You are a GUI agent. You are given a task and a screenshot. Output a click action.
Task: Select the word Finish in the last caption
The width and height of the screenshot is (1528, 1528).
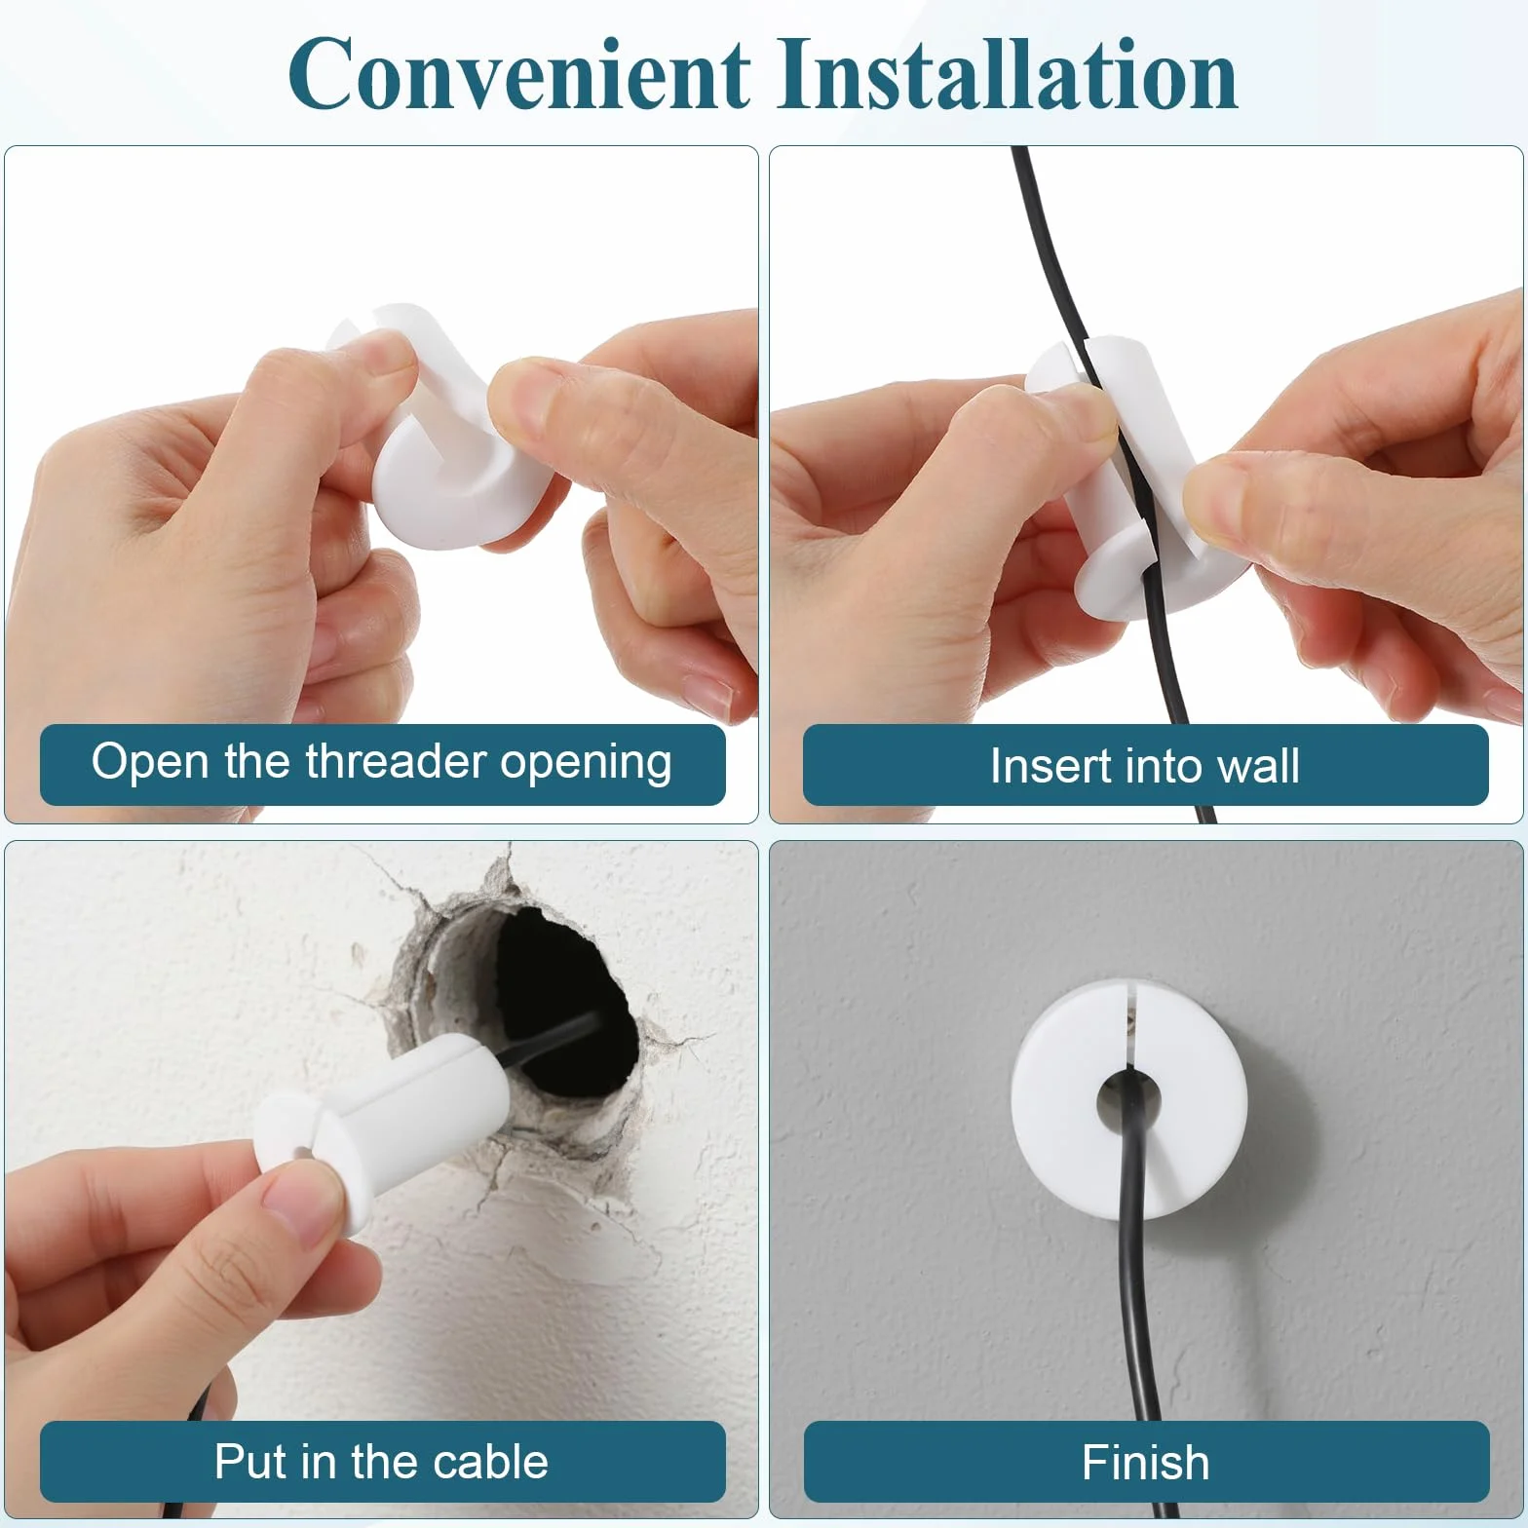pos(1145,1463)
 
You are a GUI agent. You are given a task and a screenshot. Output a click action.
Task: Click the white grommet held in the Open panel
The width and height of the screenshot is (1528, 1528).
pos(443,429)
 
